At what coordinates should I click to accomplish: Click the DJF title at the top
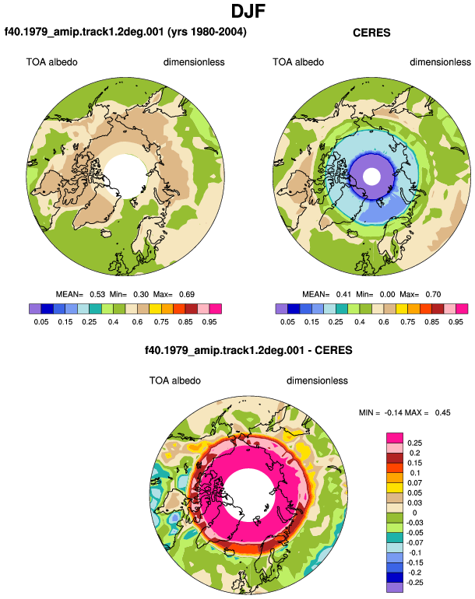[x=248, y=11]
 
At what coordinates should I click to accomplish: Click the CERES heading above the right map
[x=371, y=33]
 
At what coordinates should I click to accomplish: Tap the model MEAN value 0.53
[x=97, y=295]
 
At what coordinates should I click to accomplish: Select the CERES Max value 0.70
[x=433, y=295]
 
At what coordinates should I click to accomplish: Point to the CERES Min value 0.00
[x=387, y=295]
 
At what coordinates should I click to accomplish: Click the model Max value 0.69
[x=187, y=295]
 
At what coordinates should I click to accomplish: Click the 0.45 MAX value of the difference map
[x=442, y=413]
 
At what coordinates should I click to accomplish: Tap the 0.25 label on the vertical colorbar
[x=414, y=443]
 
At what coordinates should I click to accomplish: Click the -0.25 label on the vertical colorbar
[x=414, y=583]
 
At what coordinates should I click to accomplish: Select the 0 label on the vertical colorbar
[x=414, y=513]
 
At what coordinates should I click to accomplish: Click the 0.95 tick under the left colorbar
[x=209, y=322]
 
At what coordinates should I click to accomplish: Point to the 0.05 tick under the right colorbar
[x=287, y=322]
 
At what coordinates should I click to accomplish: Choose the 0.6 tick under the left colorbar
[x=137, y=322]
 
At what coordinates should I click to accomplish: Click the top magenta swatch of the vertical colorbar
[x=395, y=438]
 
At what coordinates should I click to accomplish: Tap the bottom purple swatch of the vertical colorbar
[x=395, y=587]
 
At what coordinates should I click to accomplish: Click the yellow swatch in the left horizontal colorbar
[x=155, y=309]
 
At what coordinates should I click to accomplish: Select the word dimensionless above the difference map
[x=317, y=381]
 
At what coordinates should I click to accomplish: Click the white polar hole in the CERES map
[x=371, y=177]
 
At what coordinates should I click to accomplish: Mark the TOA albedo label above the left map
[x=51, y=62]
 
